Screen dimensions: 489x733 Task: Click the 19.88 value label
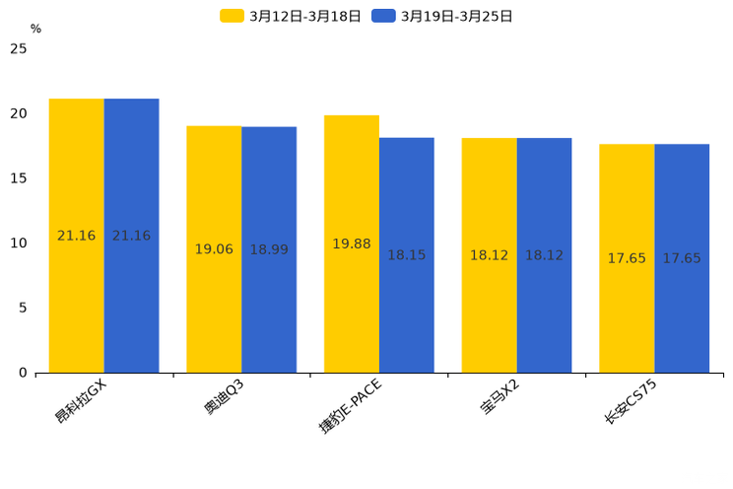coord(352,244)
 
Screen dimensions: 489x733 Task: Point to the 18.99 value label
coord(269,249)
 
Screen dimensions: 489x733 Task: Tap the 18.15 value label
coord(407,255)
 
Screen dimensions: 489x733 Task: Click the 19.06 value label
coord(214,249)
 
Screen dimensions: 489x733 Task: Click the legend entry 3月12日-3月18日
coord(291,16)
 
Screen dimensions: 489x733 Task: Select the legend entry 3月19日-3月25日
coord(442,16)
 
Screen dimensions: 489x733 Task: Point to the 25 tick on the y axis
coord(19,48)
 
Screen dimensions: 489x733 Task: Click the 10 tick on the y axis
coord(19,243)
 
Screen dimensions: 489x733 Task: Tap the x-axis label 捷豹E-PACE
coord(350,405)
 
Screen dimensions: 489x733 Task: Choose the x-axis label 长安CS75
coord(631,400)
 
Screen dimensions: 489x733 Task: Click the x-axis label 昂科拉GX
coord(81,400)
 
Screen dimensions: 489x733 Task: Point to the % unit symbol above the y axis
coord(35,29)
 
